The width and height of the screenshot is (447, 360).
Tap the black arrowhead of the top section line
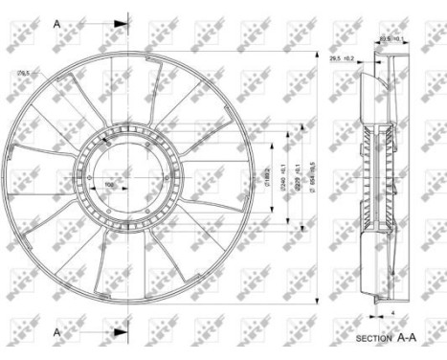(123, 22)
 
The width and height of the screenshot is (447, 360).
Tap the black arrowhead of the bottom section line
(123, 331)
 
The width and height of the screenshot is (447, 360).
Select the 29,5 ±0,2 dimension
(342, 59)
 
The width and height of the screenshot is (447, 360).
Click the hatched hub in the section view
(376, 177)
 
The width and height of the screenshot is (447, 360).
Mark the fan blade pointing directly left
(34, 177)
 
